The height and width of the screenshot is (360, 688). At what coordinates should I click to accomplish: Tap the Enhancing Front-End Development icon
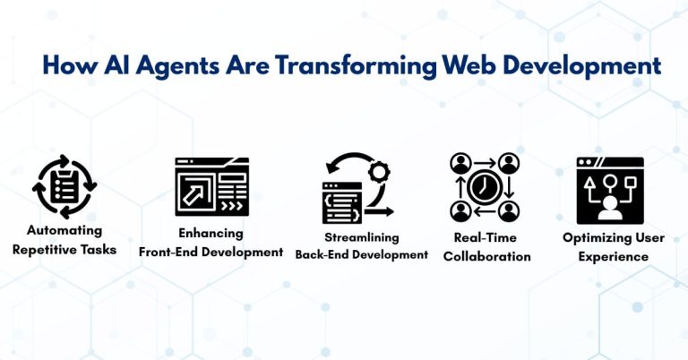pos(211,187)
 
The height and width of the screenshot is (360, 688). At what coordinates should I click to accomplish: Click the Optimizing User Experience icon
pos(609,189)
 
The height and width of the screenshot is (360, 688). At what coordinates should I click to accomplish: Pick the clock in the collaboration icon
pos(485,187)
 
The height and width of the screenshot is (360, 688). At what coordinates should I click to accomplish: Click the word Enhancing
pos(211,233)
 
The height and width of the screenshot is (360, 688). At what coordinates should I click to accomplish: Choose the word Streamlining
pos(362,237)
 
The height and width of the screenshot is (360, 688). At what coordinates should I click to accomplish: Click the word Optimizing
pos(592,237)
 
